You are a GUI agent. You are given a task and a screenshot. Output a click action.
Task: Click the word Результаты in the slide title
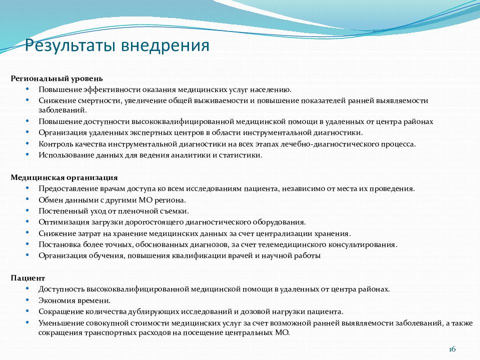coord(71,46)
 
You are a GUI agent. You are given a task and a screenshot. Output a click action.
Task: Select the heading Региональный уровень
coord(57,78)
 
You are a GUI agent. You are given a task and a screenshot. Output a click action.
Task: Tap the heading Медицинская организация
coord(64,177)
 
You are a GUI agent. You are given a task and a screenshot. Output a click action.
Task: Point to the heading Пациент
coord(28,278)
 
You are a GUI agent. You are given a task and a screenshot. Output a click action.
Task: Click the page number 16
coord(453,349)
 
